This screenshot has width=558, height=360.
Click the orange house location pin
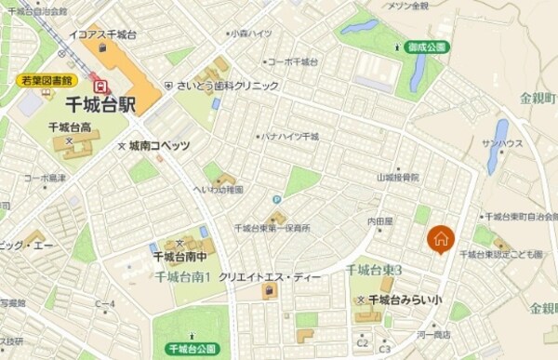(441, 239)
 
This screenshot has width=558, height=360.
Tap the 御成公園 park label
(428, 47)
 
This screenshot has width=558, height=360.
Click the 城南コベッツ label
(159, 146)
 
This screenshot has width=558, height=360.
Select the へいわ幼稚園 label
(221, 189)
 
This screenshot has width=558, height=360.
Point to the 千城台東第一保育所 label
(272, 227)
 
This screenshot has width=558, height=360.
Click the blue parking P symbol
(276, 199)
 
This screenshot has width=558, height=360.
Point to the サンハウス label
(502, 143)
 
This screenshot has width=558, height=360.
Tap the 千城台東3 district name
(374, 270)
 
